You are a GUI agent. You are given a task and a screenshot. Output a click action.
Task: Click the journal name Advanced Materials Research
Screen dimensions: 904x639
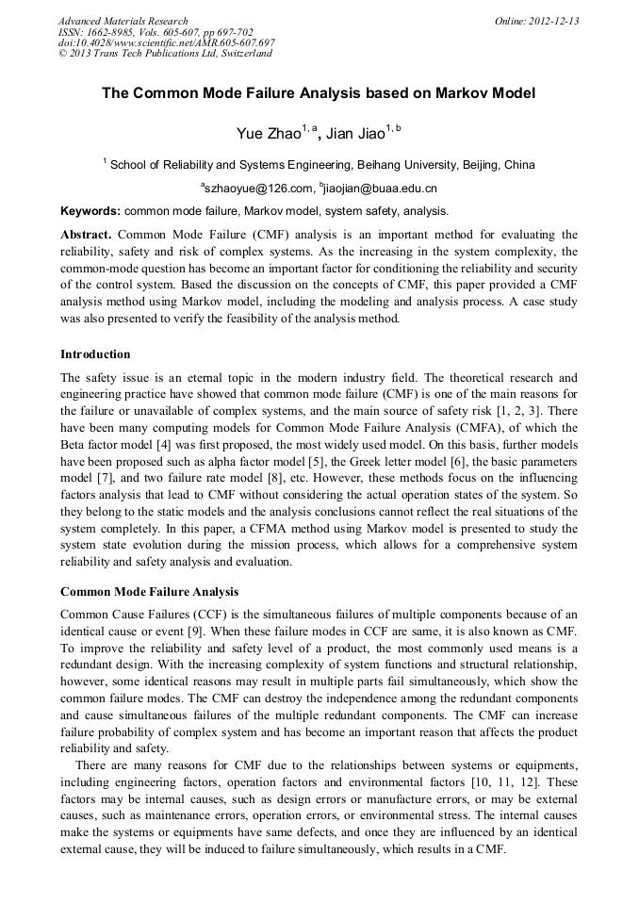click(x=123, y=21)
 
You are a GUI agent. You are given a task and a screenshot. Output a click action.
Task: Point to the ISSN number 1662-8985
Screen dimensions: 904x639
click(x=114, y=32)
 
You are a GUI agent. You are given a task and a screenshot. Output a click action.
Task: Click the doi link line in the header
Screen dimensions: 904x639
click(x=166, y=42)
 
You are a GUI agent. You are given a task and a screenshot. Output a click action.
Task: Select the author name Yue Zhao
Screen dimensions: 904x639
click(x=267, y=133)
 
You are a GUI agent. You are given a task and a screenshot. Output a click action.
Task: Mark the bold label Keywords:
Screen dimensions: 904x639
click(x=90, y=211)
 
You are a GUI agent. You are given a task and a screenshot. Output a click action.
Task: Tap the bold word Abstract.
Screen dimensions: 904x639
click(x=87, y=234)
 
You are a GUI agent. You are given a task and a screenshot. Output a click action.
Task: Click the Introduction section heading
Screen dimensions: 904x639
click(x=95, y=354)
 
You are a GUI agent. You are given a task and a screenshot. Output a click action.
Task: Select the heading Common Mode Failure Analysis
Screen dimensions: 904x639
click(x=149, y=592)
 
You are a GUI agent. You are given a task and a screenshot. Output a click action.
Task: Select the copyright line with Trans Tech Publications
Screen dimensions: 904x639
click(x=165, y=54)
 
